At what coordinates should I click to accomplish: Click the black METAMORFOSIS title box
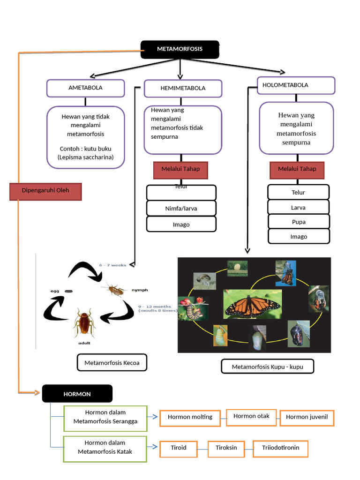[x=180, y=49]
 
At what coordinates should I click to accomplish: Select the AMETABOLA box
[x=85, y=88]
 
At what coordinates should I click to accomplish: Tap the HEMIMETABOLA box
[x=182, y=88]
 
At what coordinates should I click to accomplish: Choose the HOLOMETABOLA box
[x=296, y=85]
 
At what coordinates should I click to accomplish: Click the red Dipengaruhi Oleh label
[x=45, y=191]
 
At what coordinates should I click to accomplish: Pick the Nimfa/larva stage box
[x=181, y=208]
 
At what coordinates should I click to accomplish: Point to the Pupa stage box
[x=299, y=222]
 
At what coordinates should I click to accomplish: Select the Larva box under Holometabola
[x=299, y=207]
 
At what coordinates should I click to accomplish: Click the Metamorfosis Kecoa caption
[x=112, y=363]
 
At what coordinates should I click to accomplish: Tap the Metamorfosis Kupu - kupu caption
[x=267, y=367]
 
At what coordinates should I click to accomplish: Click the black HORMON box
[x=77, y=394]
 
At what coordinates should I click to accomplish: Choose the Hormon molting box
[x=190, y=417]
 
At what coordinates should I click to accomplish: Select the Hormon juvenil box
[x=307, y=417]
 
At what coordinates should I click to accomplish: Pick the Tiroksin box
[x=226, y=448]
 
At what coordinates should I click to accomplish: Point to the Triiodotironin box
[x=280, y=448]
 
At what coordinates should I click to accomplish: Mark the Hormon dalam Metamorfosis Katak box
[x=105, y=447]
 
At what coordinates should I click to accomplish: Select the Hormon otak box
[x=251, y=416]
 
